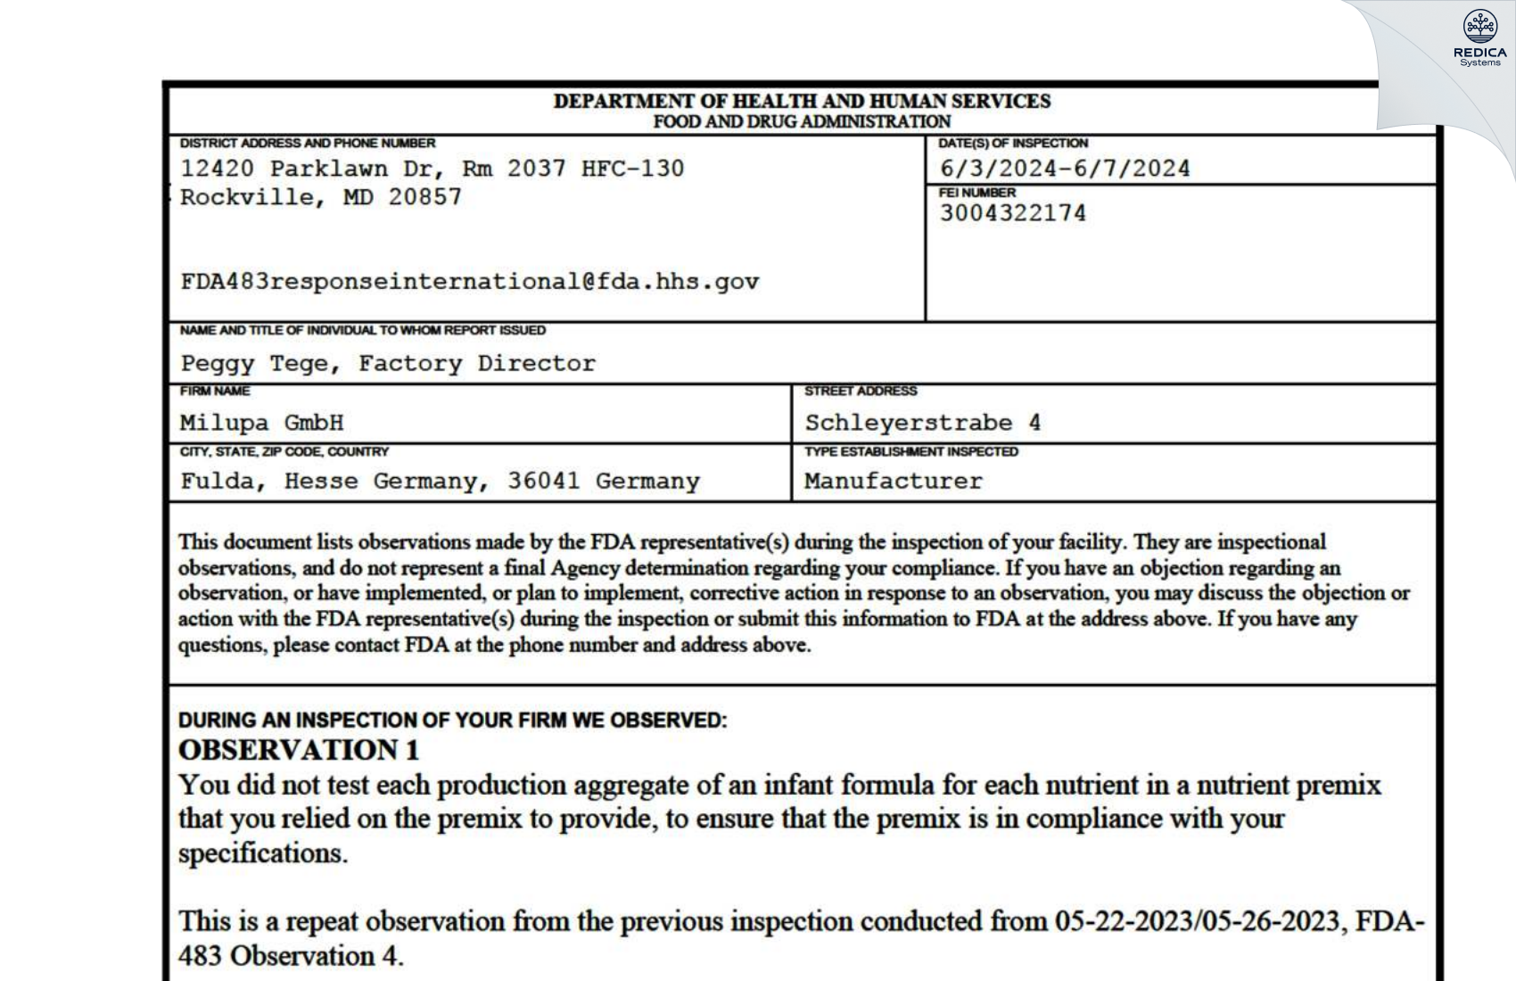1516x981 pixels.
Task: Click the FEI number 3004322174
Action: pos(1012,213)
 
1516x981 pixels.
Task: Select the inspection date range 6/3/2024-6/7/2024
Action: pos(1065,169)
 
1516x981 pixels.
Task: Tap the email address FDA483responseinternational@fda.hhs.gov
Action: pos(470,282)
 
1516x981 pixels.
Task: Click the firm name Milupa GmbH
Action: pos(261,423)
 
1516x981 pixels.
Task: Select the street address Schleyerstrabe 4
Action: pos(922,423)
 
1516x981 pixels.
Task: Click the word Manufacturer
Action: pos(893,482)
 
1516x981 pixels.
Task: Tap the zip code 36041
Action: pos(543,482)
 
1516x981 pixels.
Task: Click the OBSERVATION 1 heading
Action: pos(299,750)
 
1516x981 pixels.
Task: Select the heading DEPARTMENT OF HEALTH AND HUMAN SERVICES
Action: pos(802,102)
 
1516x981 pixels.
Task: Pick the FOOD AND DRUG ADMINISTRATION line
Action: pos(802,122)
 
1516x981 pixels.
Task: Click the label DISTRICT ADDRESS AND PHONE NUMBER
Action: pos(308,143)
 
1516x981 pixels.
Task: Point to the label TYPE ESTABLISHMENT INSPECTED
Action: pos(910,452)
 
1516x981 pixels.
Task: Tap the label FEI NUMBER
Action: pos(976,193)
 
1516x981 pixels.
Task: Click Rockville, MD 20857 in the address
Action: pos(321,197)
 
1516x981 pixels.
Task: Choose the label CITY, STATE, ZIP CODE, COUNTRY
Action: pos(284,452)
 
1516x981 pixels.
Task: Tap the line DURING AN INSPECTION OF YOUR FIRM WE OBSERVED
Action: pos(452,721)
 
